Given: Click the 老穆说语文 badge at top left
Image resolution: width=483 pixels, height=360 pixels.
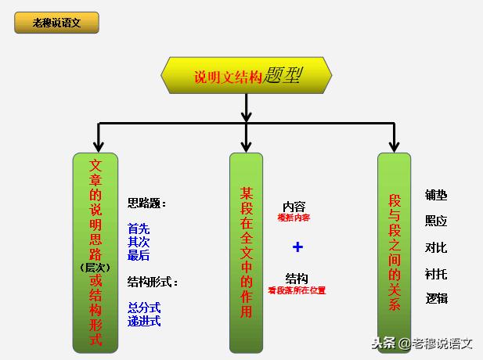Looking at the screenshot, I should [56, 23].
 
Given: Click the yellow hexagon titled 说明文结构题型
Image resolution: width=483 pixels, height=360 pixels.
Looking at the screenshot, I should [246, 75].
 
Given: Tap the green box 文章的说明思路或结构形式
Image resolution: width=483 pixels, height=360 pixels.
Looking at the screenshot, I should [96, 251].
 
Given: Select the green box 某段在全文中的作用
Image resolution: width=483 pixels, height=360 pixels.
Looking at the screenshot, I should [246, 251].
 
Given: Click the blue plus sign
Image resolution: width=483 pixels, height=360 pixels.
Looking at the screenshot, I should [297, 247].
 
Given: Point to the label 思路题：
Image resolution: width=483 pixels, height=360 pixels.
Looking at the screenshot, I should [147, 203].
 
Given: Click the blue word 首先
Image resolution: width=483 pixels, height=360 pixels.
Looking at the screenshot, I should [139, 229].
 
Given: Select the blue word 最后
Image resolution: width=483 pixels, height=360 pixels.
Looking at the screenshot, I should [139, 255].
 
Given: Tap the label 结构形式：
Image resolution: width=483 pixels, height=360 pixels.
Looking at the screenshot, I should [153, 282].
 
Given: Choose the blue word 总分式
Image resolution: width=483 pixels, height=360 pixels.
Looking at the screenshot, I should [144, 308].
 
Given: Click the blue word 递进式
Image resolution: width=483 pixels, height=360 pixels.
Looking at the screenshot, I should [144, 320].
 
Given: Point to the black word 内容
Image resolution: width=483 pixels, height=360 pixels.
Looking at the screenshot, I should [294, 207].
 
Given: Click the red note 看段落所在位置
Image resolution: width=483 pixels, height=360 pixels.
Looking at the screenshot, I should [297, 290].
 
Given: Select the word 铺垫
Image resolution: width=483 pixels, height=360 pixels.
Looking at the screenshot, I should [436, 195].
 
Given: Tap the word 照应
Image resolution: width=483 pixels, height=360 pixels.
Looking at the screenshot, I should [436, 221].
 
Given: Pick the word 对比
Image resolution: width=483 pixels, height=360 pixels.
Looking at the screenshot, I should [436, 247].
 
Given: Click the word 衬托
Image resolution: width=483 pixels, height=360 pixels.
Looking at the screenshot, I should [436, 273].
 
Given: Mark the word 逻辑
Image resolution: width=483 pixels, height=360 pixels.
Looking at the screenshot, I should [436, 298].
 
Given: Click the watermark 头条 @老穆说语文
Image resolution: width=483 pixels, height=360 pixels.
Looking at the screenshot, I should [422, 343].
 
